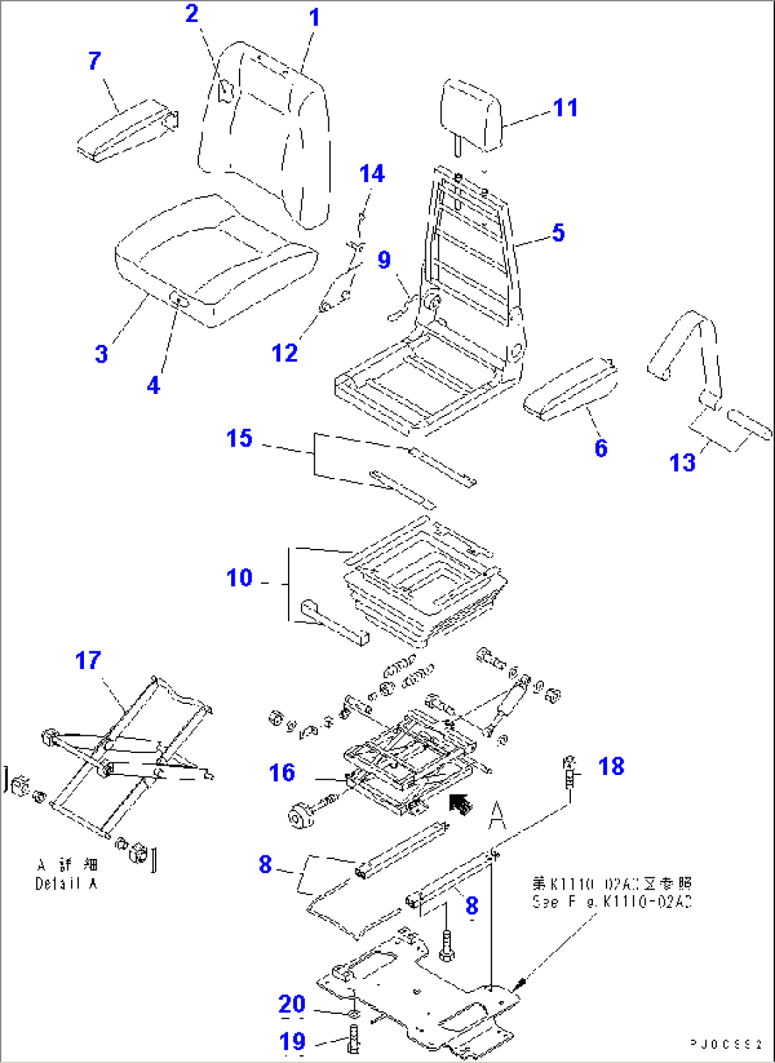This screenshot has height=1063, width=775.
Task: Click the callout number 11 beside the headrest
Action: (565, 108)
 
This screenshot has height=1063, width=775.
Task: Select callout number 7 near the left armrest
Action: (95, 61)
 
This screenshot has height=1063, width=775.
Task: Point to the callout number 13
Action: (682, 463)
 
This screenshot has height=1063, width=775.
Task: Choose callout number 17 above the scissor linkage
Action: (88, 661)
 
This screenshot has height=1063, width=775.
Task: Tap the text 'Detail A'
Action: (66, 884)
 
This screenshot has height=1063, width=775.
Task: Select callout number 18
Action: (611, 766)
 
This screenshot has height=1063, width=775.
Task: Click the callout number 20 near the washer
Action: (292, 1004)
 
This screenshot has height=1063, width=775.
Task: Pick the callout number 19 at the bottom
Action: (292, 1042)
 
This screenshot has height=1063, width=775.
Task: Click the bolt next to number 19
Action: (353, 1040)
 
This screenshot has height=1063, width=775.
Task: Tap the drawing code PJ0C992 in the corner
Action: (726, 1044)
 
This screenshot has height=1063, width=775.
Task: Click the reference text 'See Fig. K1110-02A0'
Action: (611, 902)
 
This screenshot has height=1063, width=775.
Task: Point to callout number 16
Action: (282, 773)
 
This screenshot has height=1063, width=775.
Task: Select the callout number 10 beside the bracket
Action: (240, 578)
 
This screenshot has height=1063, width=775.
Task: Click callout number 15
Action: (240, 439)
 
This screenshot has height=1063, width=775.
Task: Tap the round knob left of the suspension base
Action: (301, 814)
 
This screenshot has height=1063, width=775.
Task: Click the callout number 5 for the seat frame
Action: (558, 233)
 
